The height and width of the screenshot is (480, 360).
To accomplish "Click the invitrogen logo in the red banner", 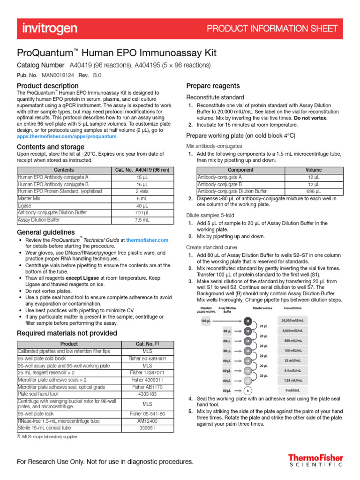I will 50,29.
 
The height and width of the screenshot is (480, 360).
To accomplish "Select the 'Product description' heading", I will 47,86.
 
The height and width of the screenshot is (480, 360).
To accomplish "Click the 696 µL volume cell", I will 314,191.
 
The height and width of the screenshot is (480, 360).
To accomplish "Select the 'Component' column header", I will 240,170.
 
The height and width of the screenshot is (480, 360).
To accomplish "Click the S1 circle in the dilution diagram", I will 247,321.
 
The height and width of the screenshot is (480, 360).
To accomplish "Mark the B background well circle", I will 247,390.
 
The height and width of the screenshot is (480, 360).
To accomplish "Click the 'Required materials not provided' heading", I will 67,333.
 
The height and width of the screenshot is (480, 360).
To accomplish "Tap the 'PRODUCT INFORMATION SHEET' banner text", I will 272,29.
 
